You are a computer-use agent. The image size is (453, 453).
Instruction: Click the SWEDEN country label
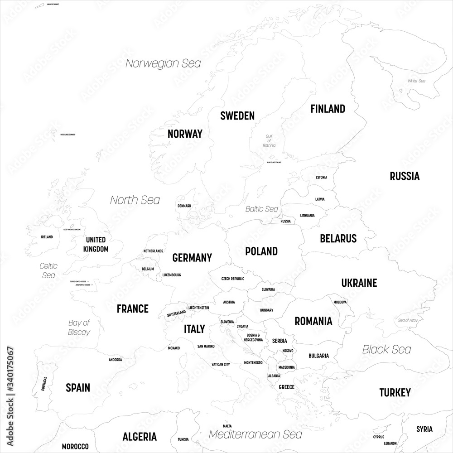click(237, 116)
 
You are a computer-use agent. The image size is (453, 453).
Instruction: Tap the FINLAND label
click(328, 109)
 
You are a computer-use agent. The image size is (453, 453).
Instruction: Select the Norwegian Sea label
click(163, 63)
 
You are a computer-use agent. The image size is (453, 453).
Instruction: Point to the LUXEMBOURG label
click(172, 275)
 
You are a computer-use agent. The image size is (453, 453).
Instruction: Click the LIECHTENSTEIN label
click(198, 308)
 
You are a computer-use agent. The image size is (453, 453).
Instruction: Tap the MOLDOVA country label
click(340, 302)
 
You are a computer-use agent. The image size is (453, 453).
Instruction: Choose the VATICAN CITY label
click(221, 364)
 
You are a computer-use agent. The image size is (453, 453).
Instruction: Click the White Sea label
click(416, 81)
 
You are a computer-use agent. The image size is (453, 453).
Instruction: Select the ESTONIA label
click(321, 177)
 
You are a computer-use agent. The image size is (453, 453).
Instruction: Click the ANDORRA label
click(115, 360)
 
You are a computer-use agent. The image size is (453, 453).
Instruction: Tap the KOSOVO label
click(288, 351)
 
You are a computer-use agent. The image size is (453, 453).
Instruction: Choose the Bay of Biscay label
click(79, 327)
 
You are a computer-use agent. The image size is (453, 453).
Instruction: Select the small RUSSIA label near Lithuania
click(285, 221)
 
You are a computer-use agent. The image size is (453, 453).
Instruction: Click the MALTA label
click(227, 426)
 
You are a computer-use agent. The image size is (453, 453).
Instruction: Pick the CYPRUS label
click(378, 437)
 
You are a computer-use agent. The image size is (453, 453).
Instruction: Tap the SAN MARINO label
click(206, 346)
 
